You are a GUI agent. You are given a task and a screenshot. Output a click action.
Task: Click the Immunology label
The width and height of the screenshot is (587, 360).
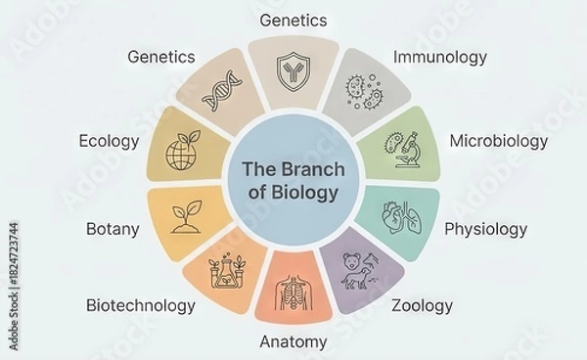click(x=439, y=57)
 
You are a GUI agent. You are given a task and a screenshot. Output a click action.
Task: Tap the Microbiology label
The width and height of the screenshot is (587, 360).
click(x=498, y=142)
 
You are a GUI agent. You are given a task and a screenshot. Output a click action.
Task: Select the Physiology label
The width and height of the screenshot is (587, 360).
click(x=485, y=230)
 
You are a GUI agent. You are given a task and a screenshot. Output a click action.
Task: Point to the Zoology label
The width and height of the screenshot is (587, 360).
click(x=422, y=305)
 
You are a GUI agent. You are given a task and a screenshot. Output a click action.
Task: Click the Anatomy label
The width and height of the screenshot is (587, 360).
click(x=293, y=342)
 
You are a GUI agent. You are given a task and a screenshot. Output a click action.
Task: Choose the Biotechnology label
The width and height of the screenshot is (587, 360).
click(x=140, y=305)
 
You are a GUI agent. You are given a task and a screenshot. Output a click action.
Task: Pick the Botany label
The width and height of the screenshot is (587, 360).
click(x=113, y=230)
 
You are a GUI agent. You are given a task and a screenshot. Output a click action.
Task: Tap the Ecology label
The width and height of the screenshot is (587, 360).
click(x=109, y=142)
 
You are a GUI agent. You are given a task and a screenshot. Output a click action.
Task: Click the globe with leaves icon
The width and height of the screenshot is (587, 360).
click(x=183, y=149)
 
